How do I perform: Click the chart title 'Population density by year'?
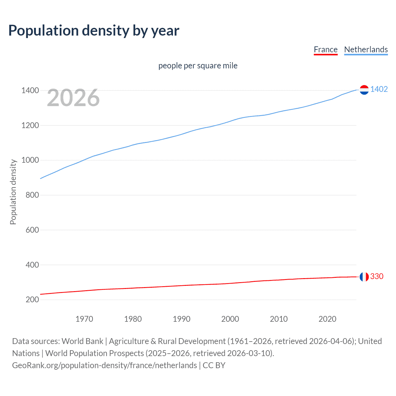point(94,31)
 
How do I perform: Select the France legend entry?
point(325,49)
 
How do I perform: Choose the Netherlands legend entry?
point(366,49)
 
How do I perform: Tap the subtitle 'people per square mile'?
point(198,66)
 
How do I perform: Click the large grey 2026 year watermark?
point(73,98)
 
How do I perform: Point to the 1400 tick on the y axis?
point(30,91)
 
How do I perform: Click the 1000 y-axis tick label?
point(30,160)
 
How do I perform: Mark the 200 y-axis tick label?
point(32,299)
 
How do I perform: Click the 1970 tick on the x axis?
point(84,319)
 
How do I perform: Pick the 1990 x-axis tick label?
point(182,319)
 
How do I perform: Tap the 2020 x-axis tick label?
point(327,319)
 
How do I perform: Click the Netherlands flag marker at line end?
point(364,90)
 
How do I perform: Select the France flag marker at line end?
point(364,277)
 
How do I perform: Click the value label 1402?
point(379,89)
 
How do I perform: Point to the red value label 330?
point(377,276)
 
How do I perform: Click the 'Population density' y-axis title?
point(13,192)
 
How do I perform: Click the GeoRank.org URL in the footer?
point(104,365)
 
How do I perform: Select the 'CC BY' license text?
point(214,365)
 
